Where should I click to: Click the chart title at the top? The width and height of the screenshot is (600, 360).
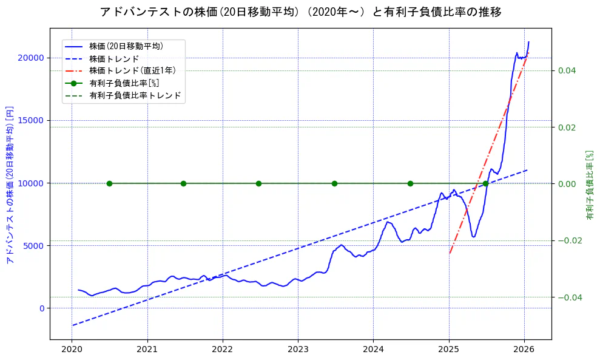pyautogui.click(x=300, y=12)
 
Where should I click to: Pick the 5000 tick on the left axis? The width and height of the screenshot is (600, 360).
pyautogui.click(x=33, y=245)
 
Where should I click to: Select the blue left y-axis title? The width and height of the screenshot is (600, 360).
pyautogui.click(x=10, y=185)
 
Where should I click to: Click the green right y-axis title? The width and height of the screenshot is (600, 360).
pyautogui.click(x=590, y=185)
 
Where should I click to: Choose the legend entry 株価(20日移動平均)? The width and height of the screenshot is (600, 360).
pyautogui.click(x=126, y=46)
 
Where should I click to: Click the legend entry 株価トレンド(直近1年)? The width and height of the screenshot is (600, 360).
pyautogui.click(x=133, y=70)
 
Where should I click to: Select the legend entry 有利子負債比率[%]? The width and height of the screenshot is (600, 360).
pyautogui.click(x=124, y=83)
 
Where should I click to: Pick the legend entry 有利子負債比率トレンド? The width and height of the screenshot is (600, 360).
pyautogui.click(x=135, y=95)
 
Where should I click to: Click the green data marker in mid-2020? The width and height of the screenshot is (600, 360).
pyautogui.click(x=109, y=183)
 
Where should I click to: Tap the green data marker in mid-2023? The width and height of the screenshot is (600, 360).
pyautogui.click(x=334, y=183)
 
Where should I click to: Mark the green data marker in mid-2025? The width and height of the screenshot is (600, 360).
pyautogui.click(x=485, y=183)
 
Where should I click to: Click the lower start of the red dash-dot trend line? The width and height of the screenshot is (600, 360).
pyautogui.click(x=450, y=253)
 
